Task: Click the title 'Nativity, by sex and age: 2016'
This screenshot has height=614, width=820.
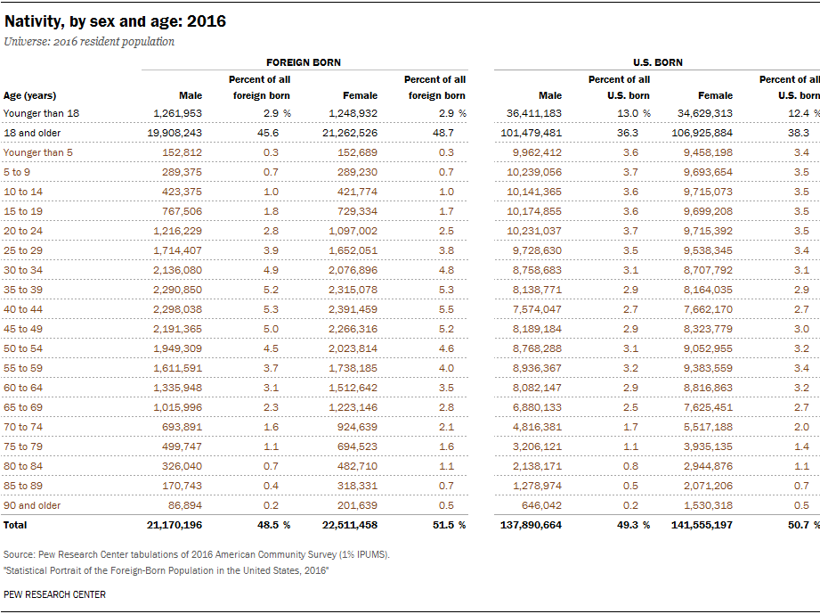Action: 115,21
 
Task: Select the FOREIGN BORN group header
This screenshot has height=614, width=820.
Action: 304,62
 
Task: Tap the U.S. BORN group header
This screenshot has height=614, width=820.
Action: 657,62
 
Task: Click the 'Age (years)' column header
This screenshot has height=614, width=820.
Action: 29,95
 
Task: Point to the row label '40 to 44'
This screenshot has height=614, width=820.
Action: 23,309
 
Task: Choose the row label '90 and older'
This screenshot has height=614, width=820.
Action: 32,505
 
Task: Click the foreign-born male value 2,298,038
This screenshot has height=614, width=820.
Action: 177,309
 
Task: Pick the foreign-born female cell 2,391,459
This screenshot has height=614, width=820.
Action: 353,309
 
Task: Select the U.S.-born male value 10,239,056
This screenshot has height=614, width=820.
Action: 534,172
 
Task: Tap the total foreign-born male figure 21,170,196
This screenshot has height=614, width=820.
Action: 175,525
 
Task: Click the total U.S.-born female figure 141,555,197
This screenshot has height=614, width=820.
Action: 702,525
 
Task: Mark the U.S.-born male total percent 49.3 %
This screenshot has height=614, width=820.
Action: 633,525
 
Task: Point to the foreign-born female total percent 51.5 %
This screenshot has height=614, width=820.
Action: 450,525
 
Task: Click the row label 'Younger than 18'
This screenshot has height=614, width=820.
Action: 41,113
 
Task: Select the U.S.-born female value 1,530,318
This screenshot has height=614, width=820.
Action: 708,505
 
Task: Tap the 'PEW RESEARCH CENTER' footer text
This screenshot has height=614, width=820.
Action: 54,594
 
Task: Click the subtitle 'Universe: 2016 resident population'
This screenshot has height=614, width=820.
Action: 89,42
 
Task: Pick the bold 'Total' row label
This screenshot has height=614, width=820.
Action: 15,525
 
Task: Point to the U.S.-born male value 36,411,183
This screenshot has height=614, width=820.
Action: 534,113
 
